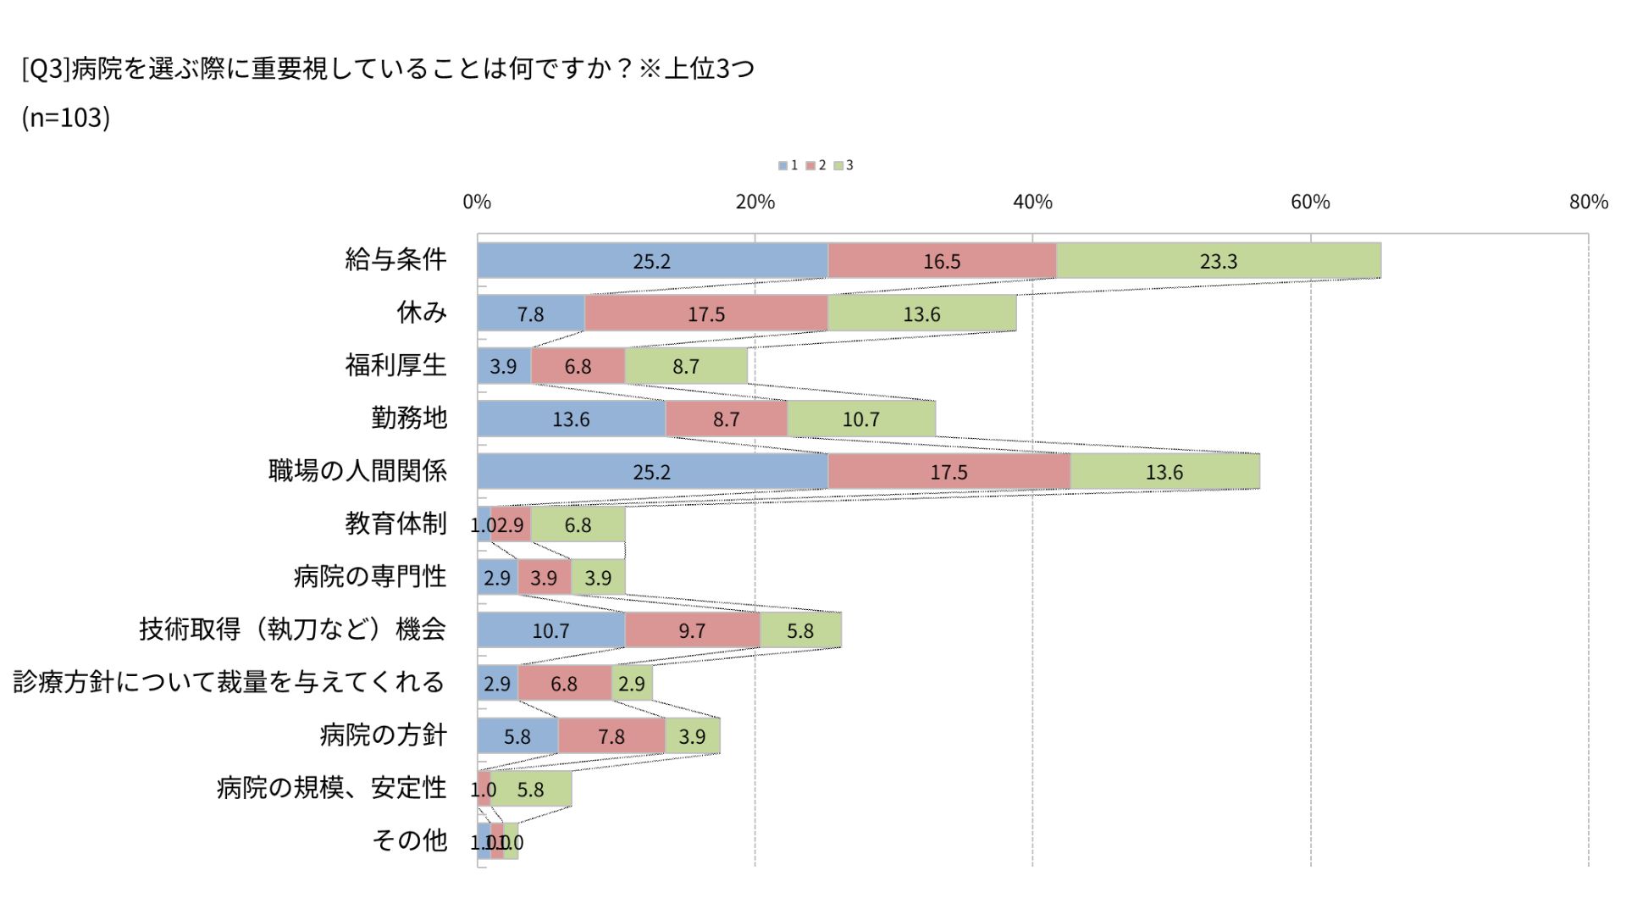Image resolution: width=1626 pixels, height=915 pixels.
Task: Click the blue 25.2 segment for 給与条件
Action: [652, 261]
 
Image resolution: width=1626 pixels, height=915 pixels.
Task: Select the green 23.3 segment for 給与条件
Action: [1218, 261]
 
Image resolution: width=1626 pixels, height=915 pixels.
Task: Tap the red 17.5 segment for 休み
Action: [705, 313]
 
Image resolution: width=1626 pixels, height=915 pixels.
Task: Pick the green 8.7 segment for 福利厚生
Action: [686, 366]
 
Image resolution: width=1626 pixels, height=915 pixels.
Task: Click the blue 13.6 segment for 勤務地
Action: [571, 419]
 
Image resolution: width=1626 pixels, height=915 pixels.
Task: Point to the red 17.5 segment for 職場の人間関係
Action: [948, 472]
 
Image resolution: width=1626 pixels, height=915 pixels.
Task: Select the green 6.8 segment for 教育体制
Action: [578, 524]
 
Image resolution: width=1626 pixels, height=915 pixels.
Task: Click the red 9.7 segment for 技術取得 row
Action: [692, 630]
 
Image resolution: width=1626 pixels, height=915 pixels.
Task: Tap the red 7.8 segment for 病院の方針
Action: [611, 736]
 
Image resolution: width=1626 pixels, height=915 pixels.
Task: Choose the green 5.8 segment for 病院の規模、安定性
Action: [531, 789]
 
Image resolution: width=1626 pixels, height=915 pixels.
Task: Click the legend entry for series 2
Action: [816, 165]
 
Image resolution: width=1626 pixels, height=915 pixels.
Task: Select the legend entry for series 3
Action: [844, 165]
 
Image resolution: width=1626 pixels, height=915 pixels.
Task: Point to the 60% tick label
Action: [1310, 202]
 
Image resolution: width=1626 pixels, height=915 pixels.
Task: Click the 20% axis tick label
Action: [755, 202]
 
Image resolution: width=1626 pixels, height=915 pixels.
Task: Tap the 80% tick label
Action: [1588, 202]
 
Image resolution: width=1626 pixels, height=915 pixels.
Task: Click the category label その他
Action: [409, 840]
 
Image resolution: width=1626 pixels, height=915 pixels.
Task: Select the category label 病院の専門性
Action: [369, 577]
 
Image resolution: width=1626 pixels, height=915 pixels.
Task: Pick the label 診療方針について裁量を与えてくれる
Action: [229, 682]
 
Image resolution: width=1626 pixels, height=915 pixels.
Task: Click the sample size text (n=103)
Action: [66, 118]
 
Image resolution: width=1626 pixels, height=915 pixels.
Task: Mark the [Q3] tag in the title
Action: [46, 69]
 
